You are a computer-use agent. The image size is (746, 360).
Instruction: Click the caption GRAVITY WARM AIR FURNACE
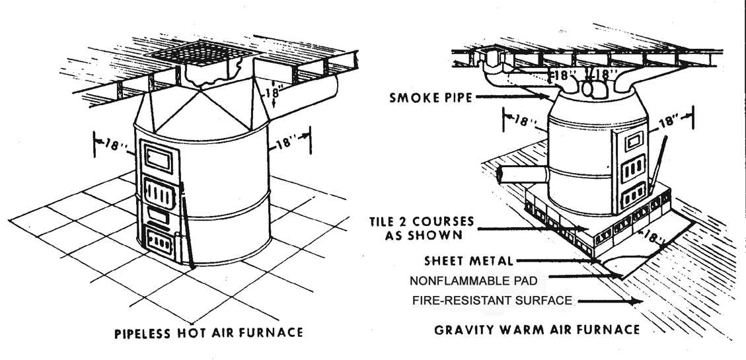coord(537,329)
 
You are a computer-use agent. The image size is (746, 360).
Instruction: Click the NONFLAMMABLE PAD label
coord(474,279)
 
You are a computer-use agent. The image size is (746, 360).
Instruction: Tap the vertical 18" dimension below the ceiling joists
coord(271,93)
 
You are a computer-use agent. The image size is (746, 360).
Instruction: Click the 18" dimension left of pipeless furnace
coord(113,145)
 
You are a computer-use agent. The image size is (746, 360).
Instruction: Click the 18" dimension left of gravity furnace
coord(522,122)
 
